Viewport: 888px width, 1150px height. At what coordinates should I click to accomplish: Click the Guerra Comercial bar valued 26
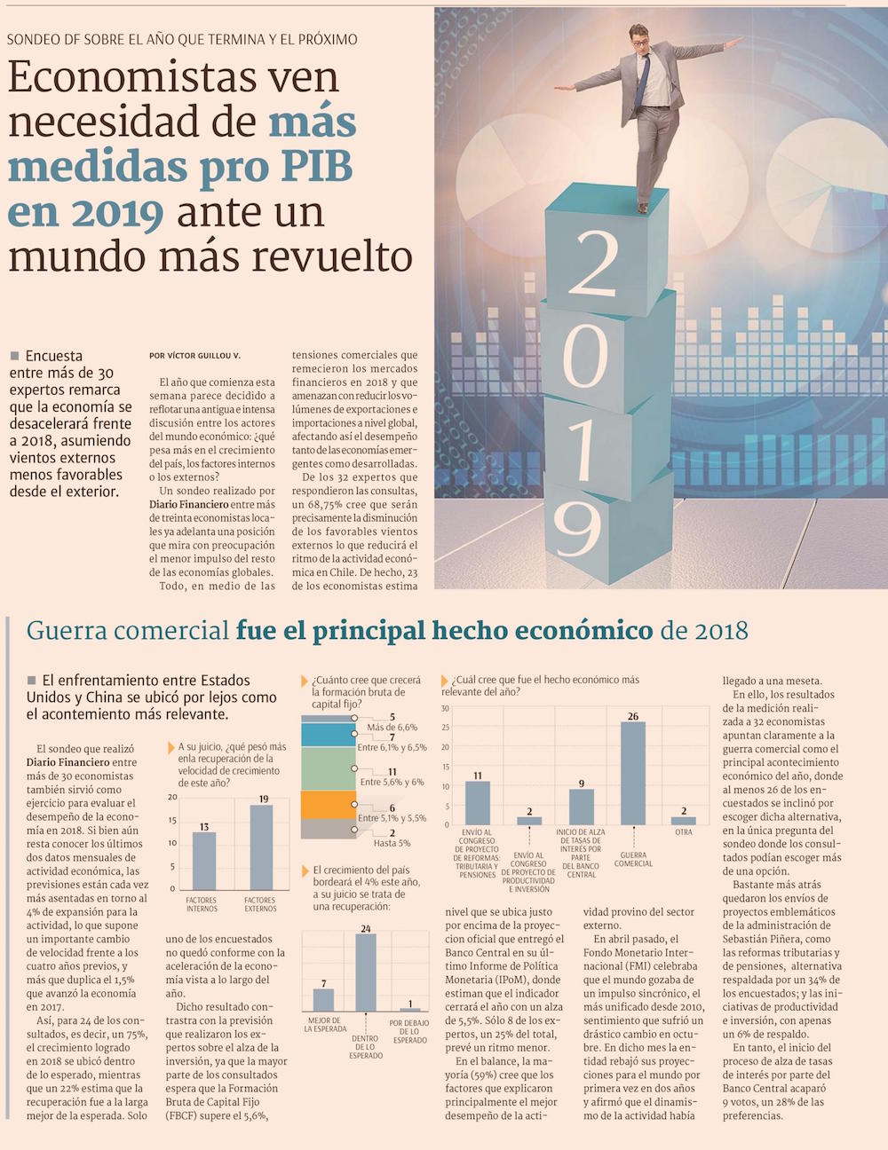633,773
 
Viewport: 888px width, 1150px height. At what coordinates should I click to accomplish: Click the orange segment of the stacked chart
328,805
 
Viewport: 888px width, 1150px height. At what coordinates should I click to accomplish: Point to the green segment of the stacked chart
328,768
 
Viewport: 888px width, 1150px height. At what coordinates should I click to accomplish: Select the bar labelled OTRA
684,821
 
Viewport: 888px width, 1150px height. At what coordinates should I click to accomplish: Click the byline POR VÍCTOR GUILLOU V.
194,356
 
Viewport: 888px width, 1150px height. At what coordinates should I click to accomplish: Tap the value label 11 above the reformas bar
478,775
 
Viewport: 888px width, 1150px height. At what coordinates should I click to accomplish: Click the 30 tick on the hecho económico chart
445,709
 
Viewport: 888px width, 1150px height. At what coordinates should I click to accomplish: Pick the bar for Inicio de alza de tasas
582,807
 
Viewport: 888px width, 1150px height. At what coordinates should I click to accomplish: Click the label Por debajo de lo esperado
409,1031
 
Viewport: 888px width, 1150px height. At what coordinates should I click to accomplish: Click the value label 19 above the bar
263,799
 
